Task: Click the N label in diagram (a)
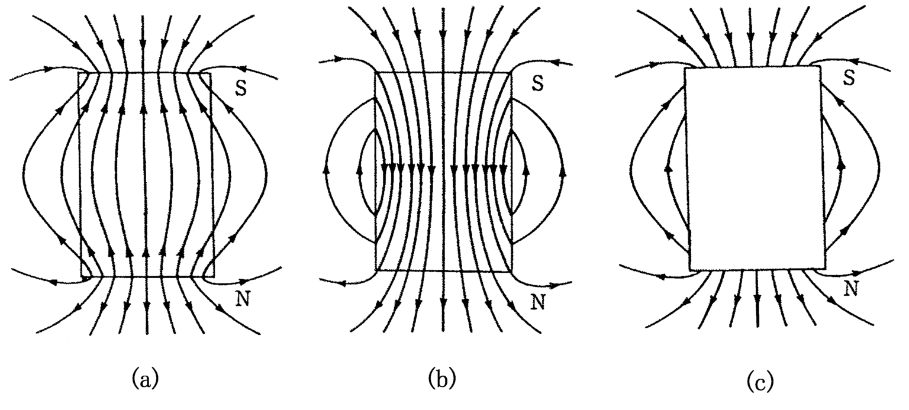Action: [242, 299]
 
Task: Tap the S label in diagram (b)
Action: [537, 83]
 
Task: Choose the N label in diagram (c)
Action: [851, 288]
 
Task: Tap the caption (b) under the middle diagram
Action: [443, 377]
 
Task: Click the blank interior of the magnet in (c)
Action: [754, 169]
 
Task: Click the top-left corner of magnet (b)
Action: [375, 72]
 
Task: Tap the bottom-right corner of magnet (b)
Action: [511, 271]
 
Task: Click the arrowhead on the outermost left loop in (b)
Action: [324, 170]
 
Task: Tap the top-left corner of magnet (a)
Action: [80, 73]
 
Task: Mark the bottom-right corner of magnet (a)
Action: [212, 277]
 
